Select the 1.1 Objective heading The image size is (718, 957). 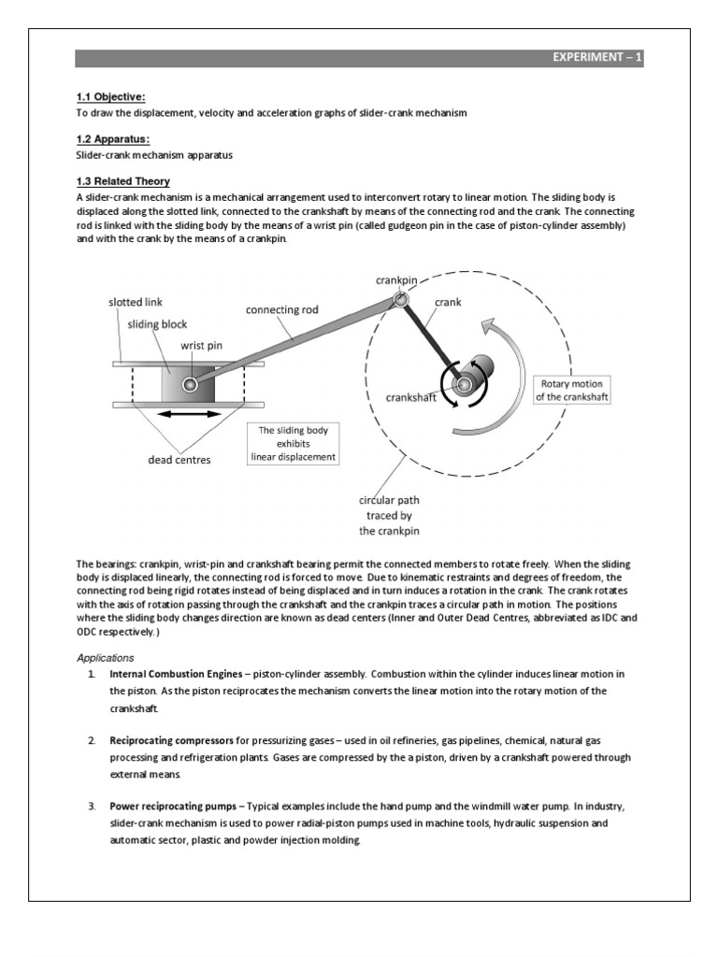(x=110, y=97)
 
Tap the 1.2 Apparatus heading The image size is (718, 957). (x=112, y=139)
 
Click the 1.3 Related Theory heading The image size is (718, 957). (x=122, y=181)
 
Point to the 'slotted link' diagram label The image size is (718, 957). (x=135, y=304)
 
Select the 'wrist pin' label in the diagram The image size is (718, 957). (x=201, y=345)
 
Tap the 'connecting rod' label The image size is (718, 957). (x=281, y=309)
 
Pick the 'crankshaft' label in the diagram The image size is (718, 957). (x=413, y=396)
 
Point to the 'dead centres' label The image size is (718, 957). (x=179, y=459)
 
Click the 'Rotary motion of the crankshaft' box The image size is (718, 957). (x=571, y=390)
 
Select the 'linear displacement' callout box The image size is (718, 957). (x=293, y=444)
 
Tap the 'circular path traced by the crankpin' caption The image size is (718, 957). (x=390, y=515)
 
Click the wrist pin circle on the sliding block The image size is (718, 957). (x=191, y=384)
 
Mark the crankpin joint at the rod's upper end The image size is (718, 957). (x=400, y=299)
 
